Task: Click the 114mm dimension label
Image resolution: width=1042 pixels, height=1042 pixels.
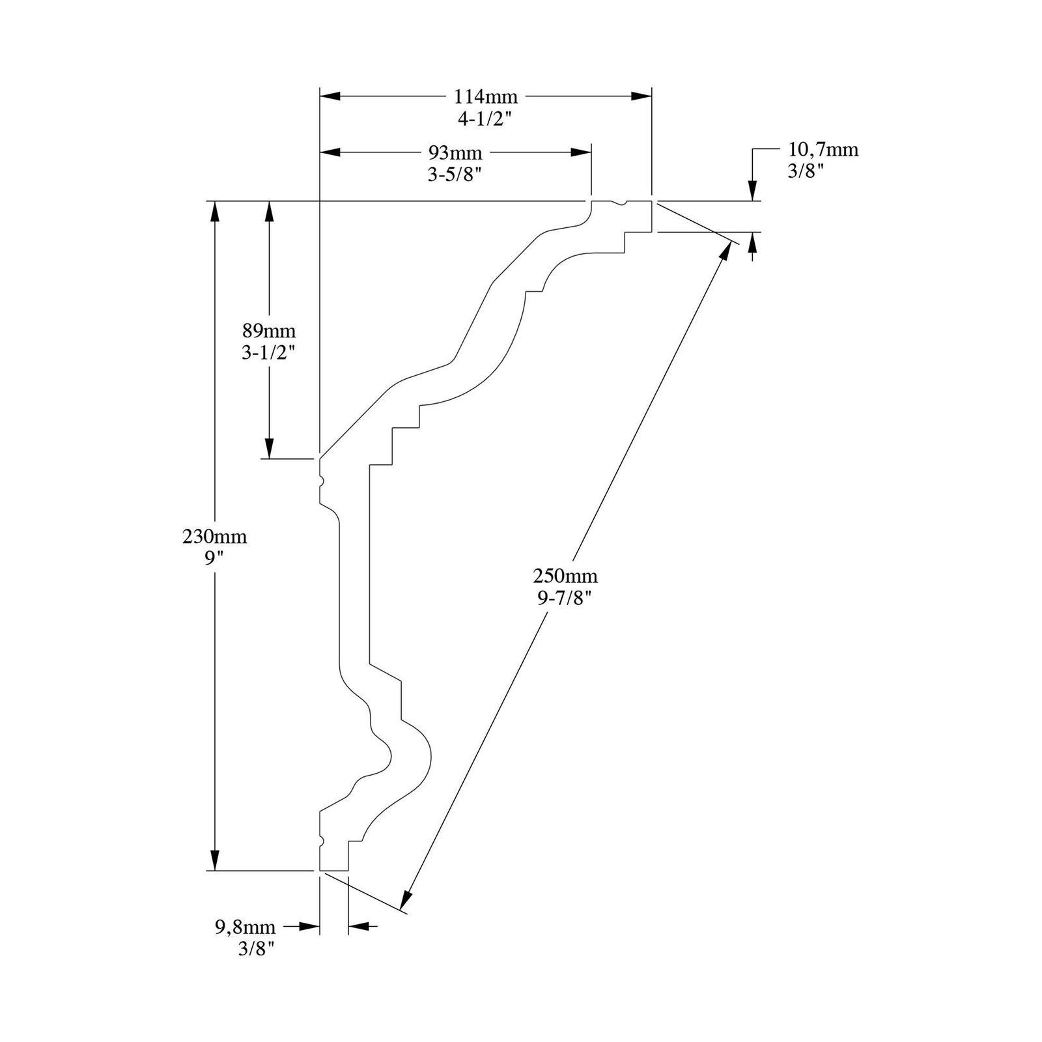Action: click(x=486, y=97)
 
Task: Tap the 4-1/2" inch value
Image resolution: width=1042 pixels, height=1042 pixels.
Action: click(x=485, y=119)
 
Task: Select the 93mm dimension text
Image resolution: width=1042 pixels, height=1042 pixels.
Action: click(x=455, y=153)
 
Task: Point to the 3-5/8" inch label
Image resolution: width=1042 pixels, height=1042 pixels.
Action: click(x=455, y=175)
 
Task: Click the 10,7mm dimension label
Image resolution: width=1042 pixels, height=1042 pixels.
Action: click(x=823, y=150)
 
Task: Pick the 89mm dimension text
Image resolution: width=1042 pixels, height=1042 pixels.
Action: click(x=269, y=330)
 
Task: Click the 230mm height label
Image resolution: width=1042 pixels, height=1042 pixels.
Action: click(x=215, y=537)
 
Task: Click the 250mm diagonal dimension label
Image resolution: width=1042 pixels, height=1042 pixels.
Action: click(x=565, y=576)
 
